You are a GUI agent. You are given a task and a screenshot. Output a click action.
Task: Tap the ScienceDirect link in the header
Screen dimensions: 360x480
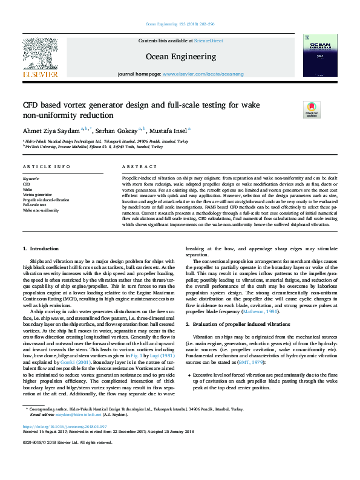point(207,40)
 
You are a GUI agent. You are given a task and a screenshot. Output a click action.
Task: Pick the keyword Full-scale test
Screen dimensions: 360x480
point(34,205)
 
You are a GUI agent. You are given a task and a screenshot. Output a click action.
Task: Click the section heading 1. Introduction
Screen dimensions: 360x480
point(41,249)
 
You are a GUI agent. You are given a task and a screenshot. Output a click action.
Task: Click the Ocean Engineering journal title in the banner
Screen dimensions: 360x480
point(180,56)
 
